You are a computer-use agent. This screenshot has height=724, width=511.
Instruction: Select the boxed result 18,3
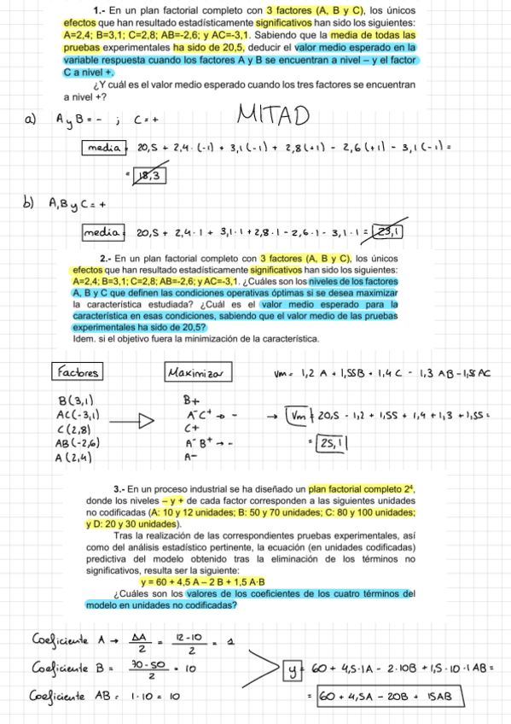click(148, 176)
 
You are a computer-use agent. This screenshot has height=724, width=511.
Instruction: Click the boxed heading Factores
click(78, 372)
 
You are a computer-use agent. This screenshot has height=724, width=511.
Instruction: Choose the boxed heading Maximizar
click(196, 373)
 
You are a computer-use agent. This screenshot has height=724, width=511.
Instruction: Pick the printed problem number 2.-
click(107, 258)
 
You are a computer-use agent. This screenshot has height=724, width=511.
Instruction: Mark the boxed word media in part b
click(102, 231)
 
